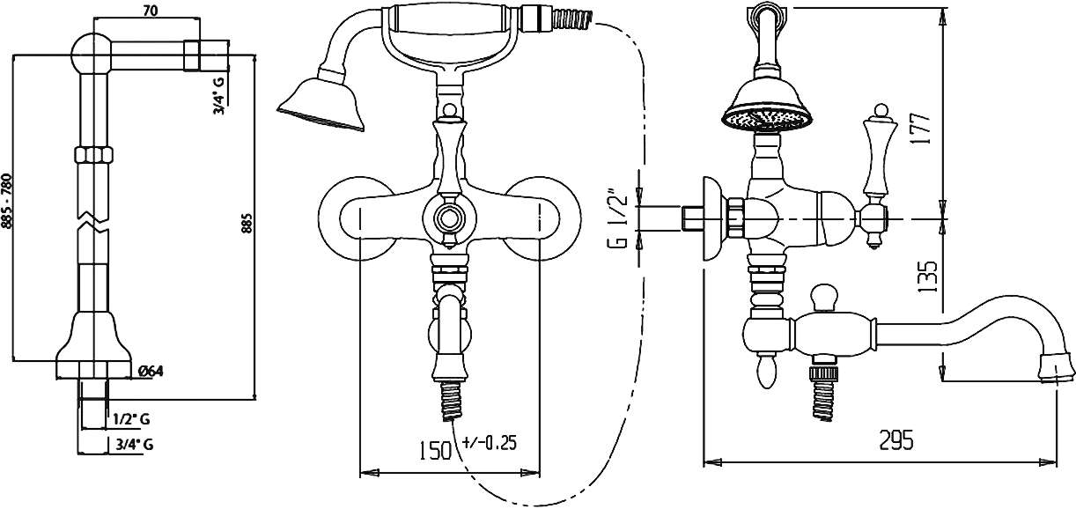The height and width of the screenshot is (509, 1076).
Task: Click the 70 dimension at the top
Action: pos(151,11)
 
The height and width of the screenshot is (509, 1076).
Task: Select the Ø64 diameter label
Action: pos(151,372)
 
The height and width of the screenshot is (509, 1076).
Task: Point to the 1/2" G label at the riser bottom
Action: pos(131,419)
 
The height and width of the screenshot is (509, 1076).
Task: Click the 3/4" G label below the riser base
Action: pos(135,445)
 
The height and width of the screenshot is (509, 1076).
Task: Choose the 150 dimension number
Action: pos(435,451)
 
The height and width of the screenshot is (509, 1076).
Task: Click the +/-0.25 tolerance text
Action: pos(490,442)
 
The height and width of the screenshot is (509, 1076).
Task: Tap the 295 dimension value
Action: pos(896,440)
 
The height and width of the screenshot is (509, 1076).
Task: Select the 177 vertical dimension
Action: pos(920,128)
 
